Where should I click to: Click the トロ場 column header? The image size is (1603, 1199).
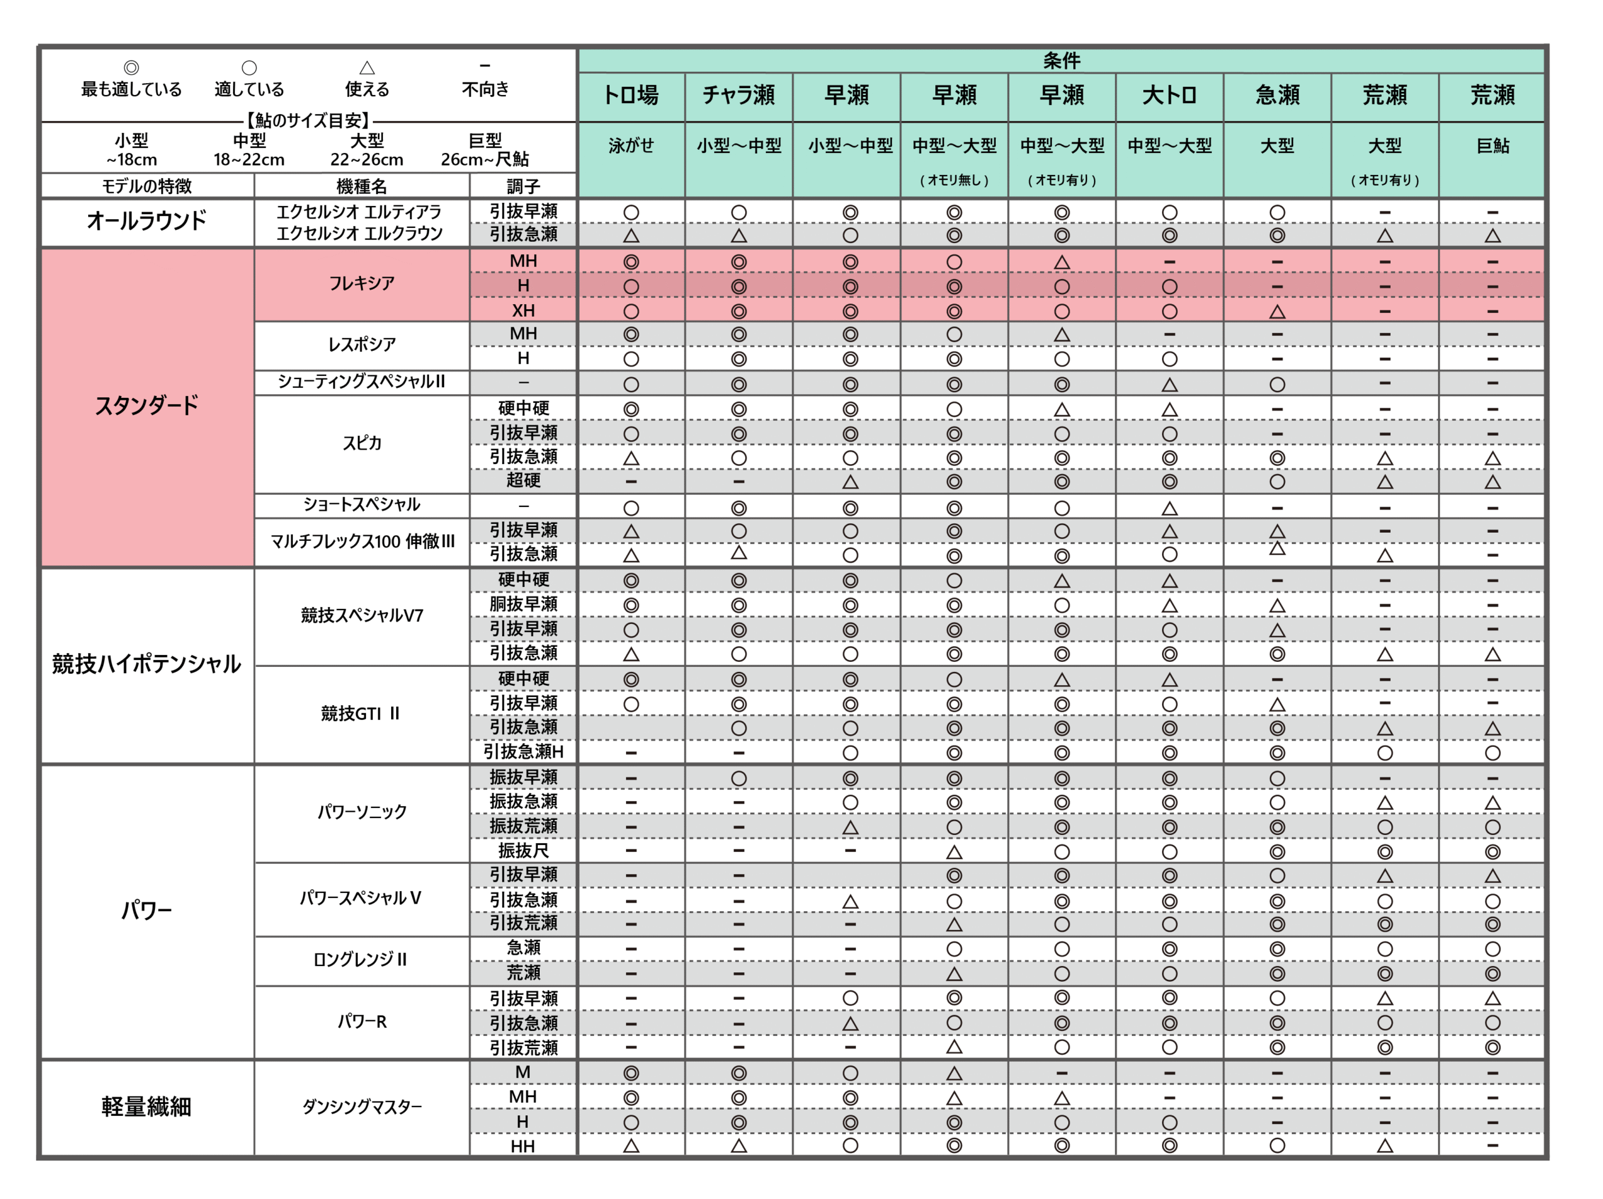pos(630,95)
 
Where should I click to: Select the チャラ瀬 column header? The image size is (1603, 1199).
pos(738,95)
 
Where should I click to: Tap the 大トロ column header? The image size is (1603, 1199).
pos(1169,95)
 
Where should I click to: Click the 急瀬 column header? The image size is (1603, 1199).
pos(1277,95)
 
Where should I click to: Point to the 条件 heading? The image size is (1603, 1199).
pos(1061,61)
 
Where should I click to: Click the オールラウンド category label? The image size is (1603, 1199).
pos(146,220)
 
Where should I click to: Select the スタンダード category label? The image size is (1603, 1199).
pos(146,406)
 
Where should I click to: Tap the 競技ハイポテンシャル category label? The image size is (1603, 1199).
pos(146,664)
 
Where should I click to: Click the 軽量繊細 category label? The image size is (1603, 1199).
pos(146,1107)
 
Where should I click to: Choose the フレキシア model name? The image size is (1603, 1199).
pos(362,284)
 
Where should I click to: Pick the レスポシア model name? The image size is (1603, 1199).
pos(362,345)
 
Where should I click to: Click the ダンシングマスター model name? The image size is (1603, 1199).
pos(362,1107)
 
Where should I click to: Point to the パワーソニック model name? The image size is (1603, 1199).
pos(362,812)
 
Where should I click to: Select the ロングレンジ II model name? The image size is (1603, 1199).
pos(360,960)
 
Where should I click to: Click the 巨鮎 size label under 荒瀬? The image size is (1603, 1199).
pos(1492,146)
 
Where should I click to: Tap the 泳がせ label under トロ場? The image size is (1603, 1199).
pos(630,146)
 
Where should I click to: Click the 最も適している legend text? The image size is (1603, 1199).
pos(131,89)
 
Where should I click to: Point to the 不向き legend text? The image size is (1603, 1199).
pos(485,89)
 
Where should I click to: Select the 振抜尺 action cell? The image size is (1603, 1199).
pos(524,851)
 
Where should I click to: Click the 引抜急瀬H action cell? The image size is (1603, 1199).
pos(524,752)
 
